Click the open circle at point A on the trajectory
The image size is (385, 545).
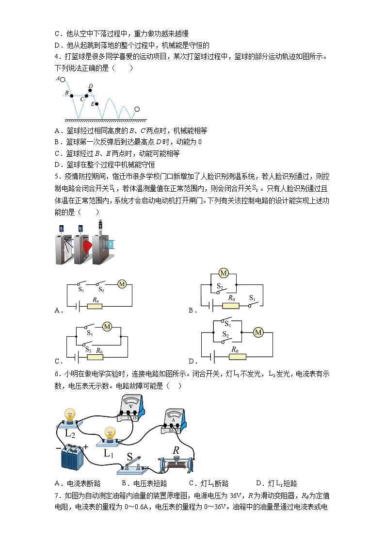(63, 79)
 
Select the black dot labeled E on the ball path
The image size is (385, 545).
(96, 104)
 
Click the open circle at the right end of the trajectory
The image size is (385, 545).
(137, 109)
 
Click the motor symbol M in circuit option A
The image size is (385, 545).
(122, 284)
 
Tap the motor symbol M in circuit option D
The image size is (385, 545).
(258, 332)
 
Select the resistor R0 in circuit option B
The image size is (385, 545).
(231, 306)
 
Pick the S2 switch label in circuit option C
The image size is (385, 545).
(88, 349)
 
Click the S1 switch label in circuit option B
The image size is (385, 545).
(252, 297)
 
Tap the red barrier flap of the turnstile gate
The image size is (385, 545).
(87, 247)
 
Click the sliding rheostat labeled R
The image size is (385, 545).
(176, 464)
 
